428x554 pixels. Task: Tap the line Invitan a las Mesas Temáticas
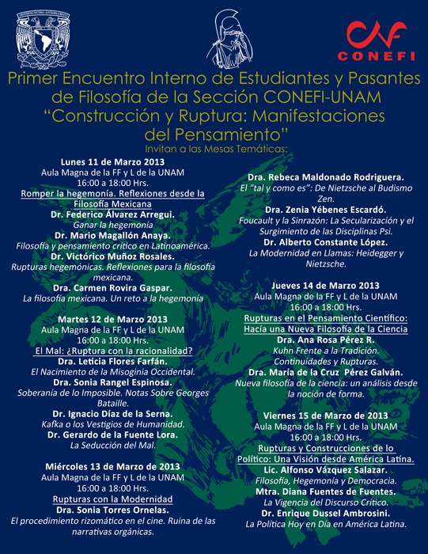coord(214,147)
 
